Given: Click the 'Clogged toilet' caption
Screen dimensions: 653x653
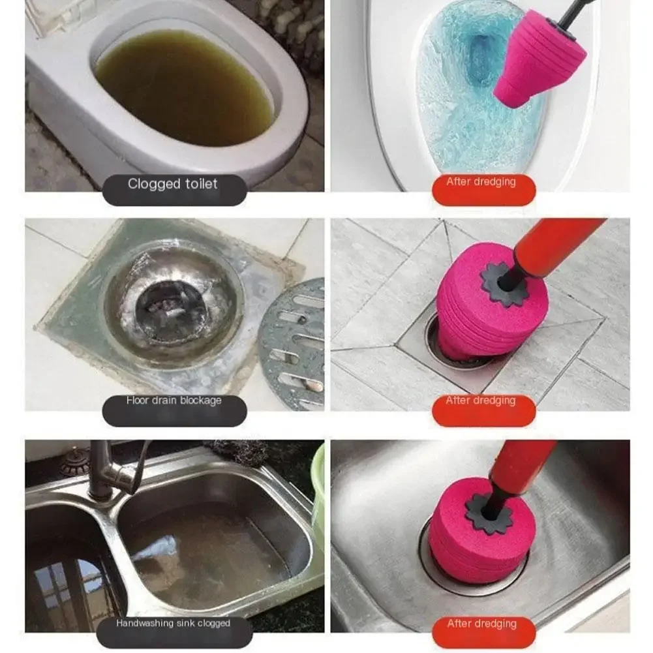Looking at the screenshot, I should pyautogui.click(x=173, y=185).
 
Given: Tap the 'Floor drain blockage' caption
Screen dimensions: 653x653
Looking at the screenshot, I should pyautogui.click(x=174, y=401).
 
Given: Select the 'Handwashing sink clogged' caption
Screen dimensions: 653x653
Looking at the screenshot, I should pyautogui.click(x=174, y=624).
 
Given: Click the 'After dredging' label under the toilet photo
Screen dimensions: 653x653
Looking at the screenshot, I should pyautogui.click(x=481, y=182).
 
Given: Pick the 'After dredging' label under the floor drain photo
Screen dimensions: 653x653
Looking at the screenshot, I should pyautogui.click(x=481, y=401).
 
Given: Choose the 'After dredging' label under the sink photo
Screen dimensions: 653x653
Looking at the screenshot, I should pyautogui.click(x=481, y=624).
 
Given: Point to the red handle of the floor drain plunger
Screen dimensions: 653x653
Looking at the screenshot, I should pyautogui.click(x=561, y=245).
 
